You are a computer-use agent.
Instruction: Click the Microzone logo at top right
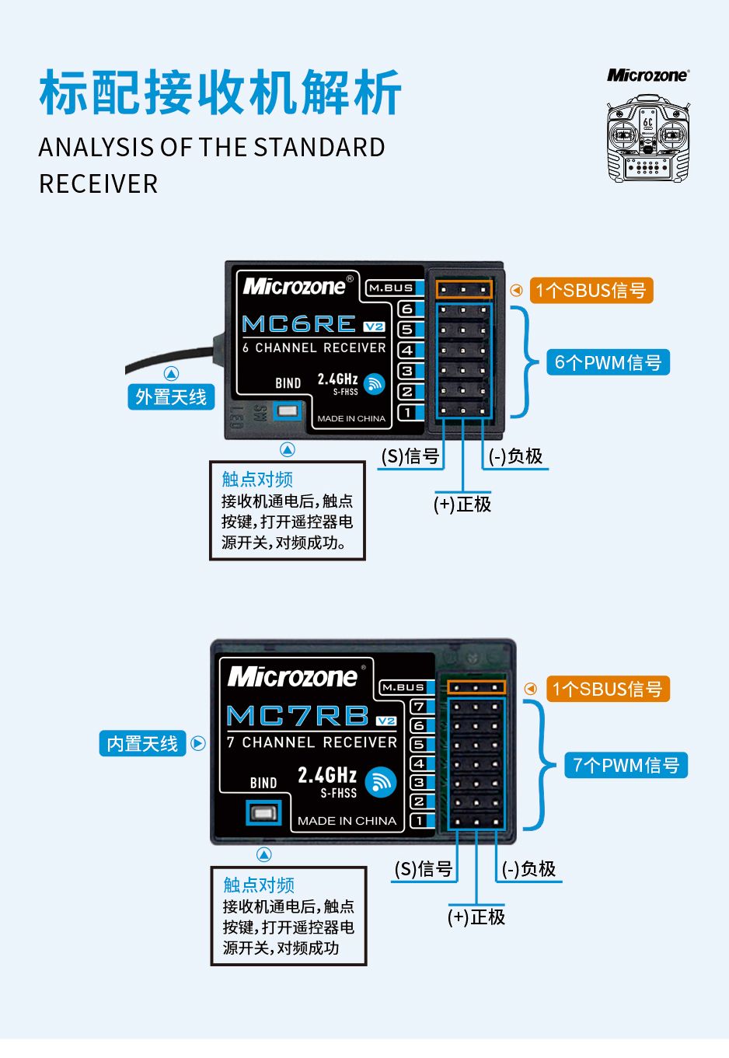(x=647, y=75)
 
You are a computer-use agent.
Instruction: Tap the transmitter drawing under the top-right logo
(x=647, y=139)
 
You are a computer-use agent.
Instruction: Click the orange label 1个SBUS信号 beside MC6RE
(x=591, y=291)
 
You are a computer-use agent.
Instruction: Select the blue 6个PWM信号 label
(x=608, y=362)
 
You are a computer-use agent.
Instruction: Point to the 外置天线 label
(x=171, y=397)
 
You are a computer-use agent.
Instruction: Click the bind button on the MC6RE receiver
(x=288, y=410)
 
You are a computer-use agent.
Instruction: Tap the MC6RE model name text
(x=299, y=324)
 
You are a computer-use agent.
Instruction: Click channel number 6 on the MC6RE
(x=407, y=309)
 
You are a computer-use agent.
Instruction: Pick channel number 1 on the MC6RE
(x=407, y=412)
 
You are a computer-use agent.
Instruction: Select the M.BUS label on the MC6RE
(x=391, y=288)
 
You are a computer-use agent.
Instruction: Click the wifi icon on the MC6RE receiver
(x=375, y=384)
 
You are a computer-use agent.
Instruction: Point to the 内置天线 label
(x=143, y=744)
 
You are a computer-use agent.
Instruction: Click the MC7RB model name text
(x=298, y=716)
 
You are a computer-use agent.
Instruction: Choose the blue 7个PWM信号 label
(x=626, y=766)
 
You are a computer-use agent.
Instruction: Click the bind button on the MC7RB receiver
(x=263, y=814)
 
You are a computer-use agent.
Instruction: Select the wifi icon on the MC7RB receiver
(x=380, y=782)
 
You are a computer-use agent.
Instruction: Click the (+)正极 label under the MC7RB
(x=476, y=917)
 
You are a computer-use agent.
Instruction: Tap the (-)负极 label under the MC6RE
(x=516, y=457)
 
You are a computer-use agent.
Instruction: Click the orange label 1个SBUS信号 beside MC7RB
(x=607, y=690)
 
